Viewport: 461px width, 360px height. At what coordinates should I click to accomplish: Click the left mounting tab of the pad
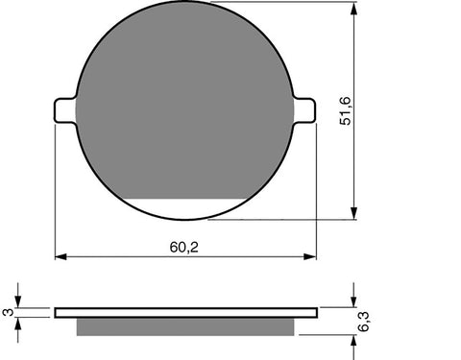click(x=64, y=110)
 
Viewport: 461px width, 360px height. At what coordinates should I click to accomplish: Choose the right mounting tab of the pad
click(x=306, y=110)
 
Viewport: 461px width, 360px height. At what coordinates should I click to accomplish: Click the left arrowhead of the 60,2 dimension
click(x=61, y=257)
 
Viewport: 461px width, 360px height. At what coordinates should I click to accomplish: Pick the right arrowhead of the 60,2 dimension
click(x=310, y=257)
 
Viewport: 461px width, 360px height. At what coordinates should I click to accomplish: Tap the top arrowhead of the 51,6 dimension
click(x=356, y=10)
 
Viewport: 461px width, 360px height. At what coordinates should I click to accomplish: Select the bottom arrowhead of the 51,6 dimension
click(x=356, y=213)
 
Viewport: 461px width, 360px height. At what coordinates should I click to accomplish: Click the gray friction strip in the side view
click(x=185, y=327)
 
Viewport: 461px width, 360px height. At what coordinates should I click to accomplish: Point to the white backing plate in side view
click(x=185, y=312)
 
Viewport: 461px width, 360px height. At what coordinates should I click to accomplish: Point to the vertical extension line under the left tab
click(x=55, y=192)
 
